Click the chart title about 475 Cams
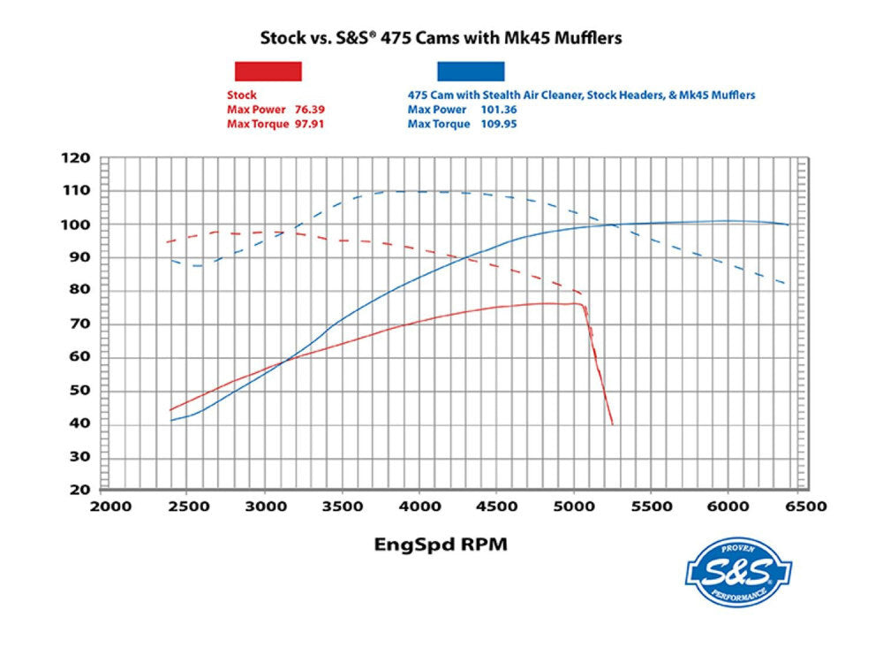(x=441, y=38)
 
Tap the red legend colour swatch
(x=268, y=71)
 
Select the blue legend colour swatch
(x=470, y=71)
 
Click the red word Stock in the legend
(x=241, y=95)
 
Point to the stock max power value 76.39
(x=320, y=110)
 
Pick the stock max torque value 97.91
(x=320, y=124)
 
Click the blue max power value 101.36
(x=499, y=110)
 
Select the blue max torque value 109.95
(x=499, y=124)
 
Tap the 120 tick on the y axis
(x=77, y=158)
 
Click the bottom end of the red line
(x=612, y=424)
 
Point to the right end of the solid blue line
(x=788, y=225)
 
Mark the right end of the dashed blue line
(x=786, y=284)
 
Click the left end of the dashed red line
(x=168, y=242)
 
